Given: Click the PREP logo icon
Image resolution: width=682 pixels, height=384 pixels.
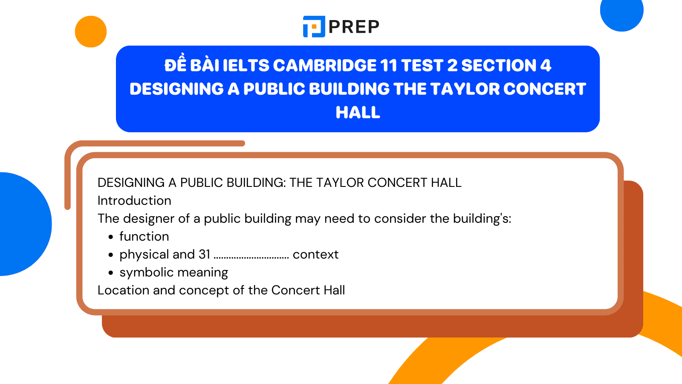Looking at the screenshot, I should point(314,26).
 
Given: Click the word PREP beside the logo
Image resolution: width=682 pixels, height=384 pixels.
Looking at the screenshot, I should point(354,27).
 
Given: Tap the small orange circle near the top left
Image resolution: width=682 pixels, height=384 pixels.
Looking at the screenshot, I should point(91,32).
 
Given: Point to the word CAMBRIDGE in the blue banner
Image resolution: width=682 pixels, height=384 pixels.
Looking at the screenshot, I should point(324,66).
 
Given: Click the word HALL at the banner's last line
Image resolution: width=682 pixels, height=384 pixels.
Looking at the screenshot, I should point(358,113).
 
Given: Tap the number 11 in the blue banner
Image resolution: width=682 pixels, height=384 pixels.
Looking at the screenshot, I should point(388,66).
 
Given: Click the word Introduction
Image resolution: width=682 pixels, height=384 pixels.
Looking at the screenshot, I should point(134,201).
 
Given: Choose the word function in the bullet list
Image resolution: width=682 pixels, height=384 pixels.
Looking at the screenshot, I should point(144,236).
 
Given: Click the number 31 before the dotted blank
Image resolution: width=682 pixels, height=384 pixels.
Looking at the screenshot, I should point(204,254).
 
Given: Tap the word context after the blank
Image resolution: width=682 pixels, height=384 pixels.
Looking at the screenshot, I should point(315,254).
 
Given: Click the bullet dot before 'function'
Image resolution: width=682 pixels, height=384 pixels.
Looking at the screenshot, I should point(111,237).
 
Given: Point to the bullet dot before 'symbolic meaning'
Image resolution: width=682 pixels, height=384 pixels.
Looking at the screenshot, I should point(111,273).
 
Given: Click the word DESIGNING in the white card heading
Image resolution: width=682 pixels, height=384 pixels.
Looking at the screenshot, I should point(131,183).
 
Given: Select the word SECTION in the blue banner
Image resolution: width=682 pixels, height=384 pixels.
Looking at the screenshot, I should point(499,66).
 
